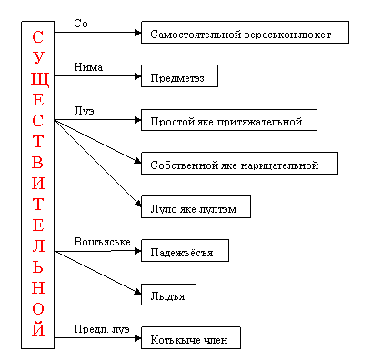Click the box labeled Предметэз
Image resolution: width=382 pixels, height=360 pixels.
click(x=179, y=75)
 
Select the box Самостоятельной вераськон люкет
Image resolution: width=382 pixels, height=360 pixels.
click(x=245, y=32)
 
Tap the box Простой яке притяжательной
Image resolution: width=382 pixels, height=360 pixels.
click(x=229, y=120)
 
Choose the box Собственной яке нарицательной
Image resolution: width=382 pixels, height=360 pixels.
click(x=239, y=164)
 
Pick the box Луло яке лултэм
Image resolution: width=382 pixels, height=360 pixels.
click(x=196, y=207)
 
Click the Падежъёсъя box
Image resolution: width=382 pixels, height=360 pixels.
click(x=185, y=251)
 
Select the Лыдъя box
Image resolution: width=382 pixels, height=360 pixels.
click(x=168, y=295)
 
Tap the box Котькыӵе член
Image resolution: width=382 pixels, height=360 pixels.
click(x=191, y=337)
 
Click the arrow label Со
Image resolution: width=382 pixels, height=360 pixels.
click(x=81, y=24)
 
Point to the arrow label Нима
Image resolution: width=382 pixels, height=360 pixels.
click(x=88, y=67)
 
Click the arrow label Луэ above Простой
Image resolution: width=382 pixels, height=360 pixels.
click(x=85, y=111)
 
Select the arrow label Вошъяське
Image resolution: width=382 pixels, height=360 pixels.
click(x=103, y=242)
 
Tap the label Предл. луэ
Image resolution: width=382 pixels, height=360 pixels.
click(x=102, y=329)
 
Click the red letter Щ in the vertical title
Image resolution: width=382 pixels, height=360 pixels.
click(x=39, y=79)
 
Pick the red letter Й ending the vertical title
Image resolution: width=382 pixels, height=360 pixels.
click(x=38, y=328)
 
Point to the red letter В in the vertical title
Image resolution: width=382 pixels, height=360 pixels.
click(x=37, y=163)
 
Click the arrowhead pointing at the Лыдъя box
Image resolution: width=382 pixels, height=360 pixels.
click(x=138, y=292)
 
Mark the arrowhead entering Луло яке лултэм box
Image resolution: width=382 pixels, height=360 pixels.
click(x=138, y=204)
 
